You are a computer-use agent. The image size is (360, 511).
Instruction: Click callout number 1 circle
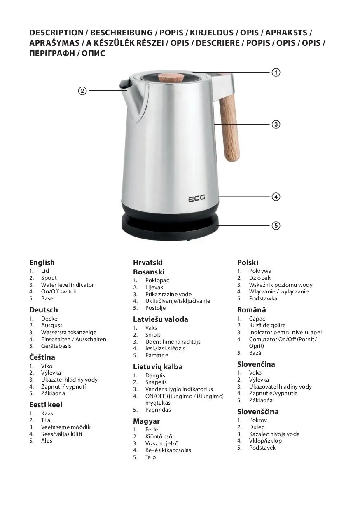click(276, 72)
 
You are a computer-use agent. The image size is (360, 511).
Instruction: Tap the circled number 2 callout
click(82, 91)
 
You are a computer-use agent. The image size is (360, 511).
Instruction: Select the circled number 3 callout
click(276, 124)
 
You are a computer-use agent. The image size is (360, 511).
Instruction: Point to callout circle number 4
click(276, 197)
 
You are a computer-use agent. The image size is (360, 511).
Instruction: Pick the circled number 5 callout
click(276, 225)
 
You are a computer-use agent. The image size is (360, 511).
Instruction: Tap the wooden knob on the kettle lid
click(171, 77)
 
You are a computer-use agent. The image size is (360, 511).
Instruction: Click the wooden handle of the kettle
click(229, 127)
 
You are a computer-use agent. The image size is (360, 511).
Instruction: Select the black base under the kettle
click(170, 227)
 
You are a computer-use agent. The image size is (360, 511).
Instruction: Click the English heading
click(42, 263)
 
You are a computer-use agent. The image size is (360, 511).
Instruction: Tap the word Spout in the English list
click(49, 278)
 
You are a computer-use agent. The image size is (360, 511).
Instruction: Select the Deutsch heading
click(44, 310)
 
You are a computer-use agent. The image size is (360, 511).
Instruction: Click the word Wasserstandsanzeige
click(69, 332)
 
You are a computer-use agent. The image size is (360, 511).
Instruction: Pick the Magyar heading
click(146, 421)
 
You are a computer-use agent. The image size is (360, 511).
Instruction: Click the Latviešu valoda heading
click(161, 319)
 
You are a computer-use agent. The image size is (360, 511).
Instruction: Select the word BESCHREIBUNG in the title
click(122, 33)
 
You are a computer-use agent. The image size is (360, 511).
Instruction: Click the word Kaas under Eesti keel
click(47, 413)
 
